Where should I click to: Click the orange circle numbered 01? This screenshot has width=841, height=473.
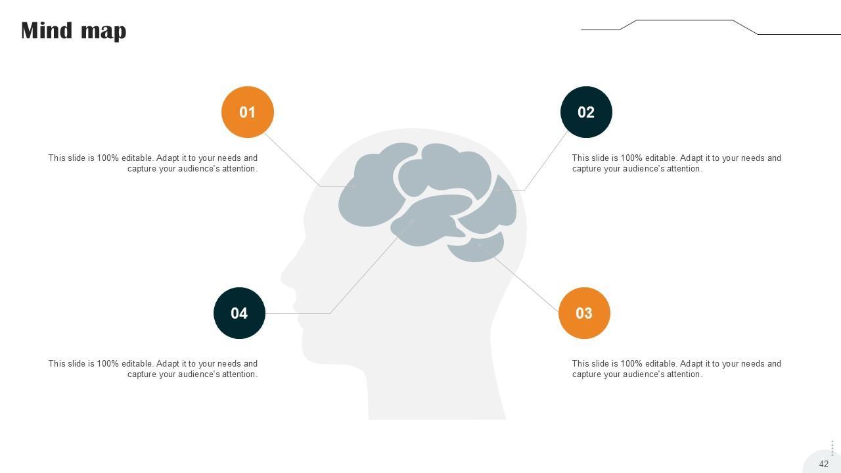click(x=248, y=112)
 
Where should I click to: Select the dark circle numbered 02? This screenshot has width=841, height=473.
click(x=586, y=112)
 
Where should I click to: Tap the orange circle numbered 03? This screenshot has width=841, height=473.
click(x=584, y=313)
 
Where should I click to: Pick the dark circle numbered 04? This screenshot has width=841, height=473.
click(x=239, y=313)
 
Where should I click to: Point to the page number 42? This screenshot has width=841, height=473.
click(x=823, y=464)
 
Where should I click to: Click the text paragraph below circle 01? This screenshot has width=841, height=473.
click(x=153, y=163)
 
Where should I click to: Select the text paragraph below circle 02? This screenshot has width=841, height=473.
click(x=676, y=163)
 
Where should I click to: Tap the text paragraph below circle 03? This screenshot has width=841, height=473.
click(x=676, y=369)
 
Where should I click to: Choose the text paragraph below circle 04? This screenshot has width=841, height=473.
click(x=153, y=369)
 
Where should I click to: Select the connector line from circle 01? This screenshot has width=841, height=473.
click(x=292, y=160)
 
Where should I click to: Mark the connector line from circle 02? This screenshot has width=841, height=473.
click(x=545, y=161)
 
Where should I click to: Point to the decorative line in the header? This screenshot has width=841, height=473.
click(x=683, y=20)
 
